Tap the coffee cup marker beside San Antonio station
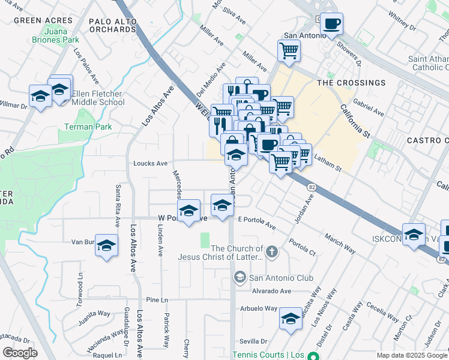click(x=331, y=25)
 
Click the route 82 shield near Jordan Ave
click(x=311, y=187)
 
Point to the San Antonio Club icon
click(x=240, y=277)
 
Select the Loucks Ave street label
click(x=150, y=163)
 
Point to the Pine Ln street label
click(x=156, y=299)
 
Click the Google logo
click(x=19, y=353)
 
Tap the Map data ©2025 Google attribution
click(x=411, y=355)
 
